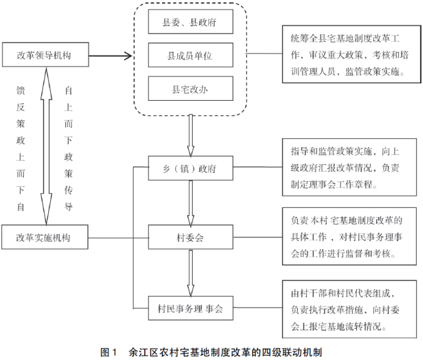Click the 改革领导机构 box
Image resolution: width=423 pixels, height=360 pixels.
[44, 55]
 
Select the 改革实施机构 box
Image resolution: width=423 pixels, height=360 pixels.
[44, 237]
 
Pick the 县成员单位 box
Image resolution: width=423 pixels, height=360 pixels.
[190, 56]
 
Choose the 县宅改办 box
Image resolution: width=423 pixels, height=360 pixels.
[190, 89]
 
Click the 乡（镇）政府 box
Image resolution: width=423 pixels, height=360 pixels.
[190, 169]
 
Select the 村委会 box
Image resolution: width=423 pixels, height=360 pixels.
[190, 237]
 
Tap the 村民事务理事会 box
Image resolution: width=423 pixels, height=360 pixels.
[190, 308]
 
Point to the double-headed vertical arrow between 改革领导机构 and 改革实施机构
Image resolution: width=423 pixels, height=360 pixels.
[45, 146]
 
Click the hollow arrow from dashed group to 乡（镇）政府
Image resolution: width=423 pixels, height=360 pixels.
[191, 136]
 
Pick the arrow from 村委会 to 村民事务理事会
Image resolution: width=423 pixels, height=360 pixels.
[191, 273]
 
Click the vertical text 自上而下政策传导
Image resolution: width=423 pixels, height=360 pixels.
[68, 148]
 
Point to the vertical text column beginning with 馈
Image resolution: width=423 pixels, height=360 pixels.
[21, 148]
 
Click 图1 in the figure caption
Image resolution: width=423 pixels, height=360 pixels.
[109, 353]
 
